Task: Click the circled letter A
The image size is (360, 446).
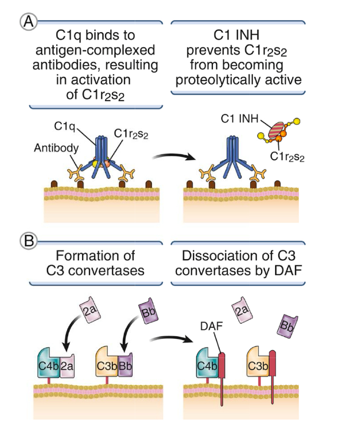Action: (27, 21)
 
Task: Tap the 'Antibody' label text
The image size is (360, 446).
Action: (56, 148)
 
